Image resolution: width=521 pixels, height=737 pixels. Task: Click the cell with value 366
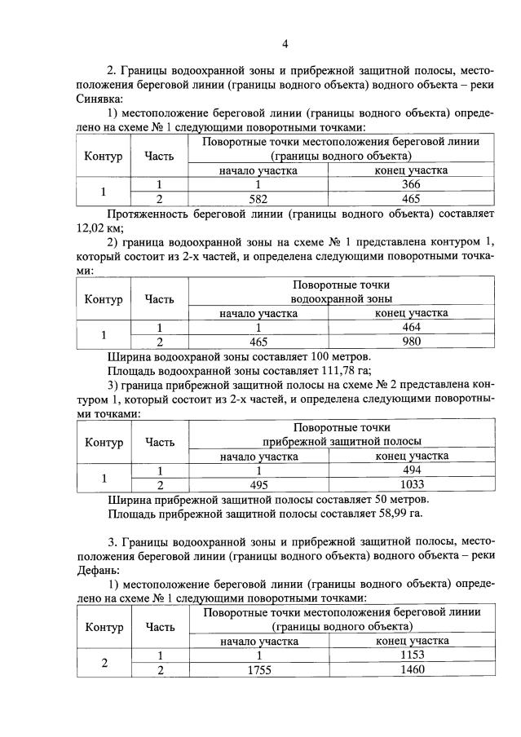411,185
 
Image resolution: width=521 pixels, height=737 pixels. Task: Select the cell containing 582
258,198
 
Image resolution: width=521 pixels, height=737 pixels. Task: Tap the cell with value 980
411,342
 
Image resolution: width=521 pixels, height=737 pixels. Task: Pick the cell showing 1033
411,484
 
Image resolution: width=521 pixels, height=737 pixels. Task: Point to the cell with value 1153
411,655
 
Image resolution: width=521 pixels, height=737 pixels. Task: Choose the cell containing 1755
258,669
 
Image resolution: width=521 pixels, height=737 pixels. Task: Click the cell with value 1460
411,669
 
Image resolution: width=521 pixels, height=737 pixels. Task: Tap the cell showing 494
411,470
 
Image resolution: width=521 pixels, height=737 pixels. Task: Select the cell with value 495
258,484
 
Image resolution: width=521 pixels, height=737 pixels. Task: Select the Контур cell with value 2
103,662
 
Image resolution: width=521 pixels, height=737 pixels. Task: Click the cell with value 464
411,328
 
